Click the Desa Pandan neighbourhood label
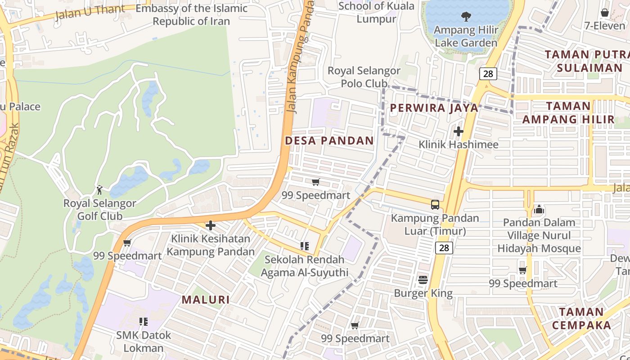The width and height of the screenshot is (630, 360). (x=329, y=140)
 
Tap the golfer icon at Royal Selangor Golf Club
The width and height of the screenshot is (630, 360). (x=99, y=190)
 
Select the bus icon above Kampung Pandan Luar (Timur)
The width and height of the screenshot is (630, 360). (x=435, y=205)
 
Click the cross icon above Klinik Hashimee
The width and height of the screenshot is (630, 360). (x=459, y=131)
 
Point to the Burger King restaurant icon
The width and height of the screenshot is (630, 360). (x=423, y=280)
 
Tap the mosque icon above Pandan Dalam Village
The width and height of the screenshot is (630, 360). (x=539, y=209)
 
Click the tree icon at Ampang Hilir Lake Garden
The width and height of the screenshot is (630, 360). (x=466, y=17)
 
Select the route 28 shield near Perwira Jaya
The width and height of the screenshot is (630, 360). (x=488, y=74)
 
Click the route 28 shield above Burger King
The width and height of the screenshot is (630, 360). (x=444, y=247)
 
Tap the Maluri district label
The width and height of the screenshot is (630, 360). (x=206, y=300)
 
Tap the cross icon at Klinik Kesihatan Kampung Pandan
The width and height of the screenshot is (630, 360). (x=210, y=225)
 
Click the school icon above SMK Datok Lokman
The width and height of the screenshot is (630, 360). (x=144, y=321)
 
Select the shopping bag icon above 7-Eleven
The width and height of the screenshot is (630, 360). (x=605, y=13)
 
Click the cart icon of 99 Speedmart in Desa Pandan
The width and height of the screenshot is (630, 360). (x=315, y=182)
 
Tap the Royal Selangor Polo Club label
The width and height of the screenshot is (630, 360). (x=364, y=77)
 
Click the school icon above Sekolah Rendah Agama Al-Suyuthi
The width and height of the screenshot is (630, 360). (x=305, y=246)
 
